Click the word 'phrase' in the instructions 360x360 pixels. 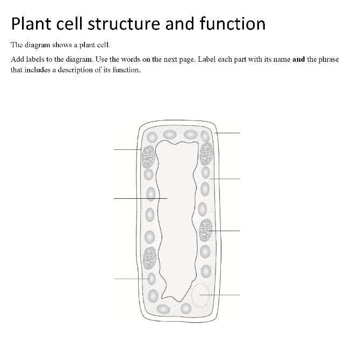tap(328, 59)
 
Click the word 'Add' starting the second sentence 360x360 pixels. tap(17, 59)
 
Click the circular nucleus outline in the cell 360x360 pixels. tap(200, 296)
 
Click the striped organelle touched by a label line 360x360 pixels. tap(206, 230)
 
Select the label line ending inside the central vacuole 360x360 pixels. tap(140, 199)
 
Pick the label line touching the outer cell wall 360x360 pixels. tap(228, 132)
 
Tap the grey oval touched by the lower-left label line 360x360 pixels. tap(152, 279)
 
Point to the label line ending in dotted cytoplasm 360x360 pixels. tap(226, 178)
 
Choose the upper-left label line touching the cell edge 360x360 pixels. tap(127, 149)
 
